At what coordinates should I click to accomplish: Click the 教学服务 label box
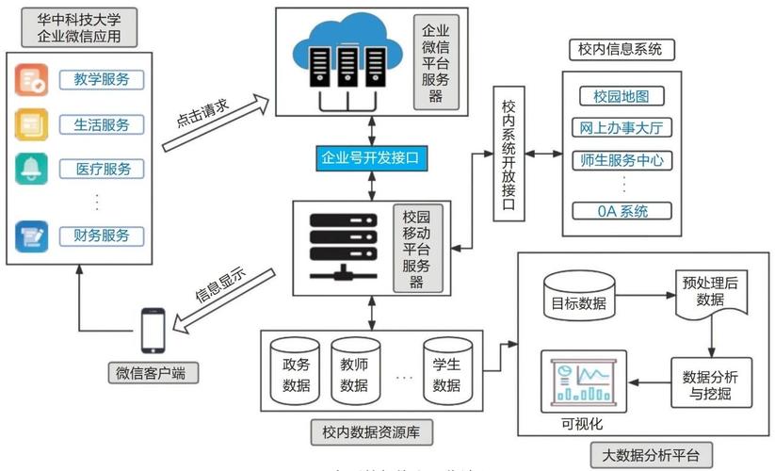click(x=102, y=79)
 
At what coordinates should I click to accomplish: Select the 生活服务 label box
click(x=102, y=123)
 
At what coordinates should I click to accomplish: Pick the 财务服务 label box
click(x=102, y=235)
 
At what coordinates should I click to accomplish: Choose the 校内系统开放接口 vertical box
click(x=509, y=154)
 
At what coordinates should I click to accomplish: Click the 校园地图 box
click(x=622, y=96)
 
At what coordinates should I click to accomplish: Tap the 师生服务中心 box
click(x=622, y=160)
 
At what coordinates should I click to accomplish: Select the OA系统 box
click(x=622, y=211)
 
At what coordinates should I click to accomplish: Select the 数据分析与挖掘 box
click(x=711, y=382)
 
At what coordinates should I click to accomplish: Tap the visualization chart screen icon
click(x=578, y=380)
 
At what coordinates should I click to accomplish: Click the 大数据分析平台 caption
click(x=651, y=453)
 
